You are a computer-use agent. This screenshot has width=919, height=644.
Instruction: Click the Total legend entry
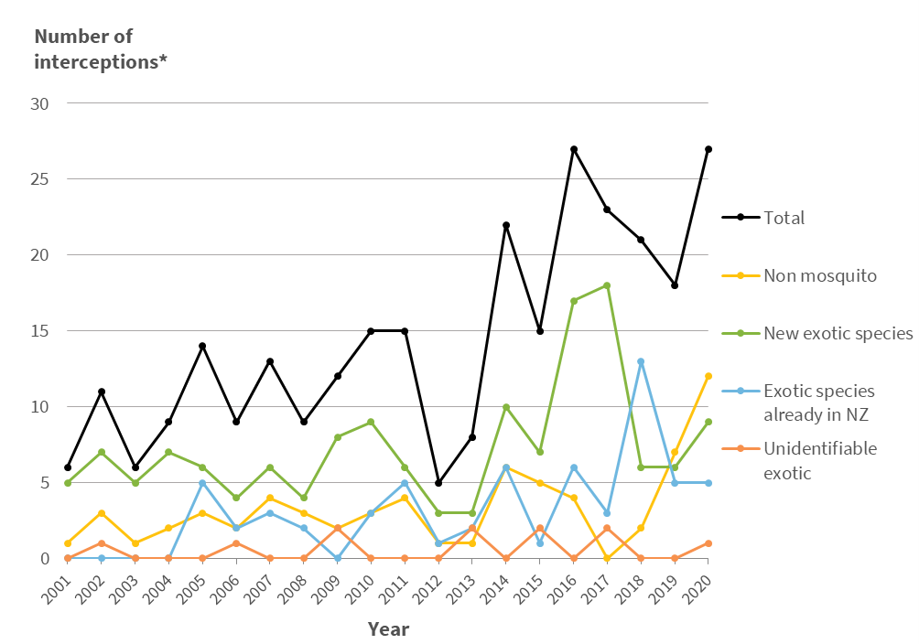click(783, 218)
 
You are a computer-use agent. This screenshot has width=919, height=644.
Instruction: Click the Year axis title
click(388, 629)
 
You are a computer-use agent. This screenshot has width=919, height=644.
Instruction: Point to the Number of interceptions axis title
click(101, 49)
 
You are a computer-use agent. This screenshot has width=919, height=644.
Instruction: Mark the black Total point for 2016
click(574, 149)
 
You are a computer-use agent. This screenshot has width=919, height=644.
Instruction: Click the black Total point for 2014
click(506, 225)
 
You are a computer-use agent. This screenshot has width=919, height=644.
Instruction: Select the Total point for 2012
click(438, 483)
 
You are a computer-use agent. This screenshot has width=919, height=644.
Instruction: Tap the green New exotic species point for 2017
click(607, 285)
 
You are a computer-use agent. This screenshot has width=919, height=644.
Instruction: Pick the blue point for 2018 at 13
click(641, 361)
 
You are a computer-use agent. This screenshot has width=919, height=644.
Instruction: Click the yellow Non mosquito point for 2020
click(708, 376)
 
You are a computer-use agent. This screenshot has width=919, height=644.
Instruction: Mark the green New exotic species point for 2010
click(371, 422)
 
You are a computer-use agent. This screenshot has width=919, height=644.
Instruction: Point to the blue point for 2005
click(202, 483)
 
